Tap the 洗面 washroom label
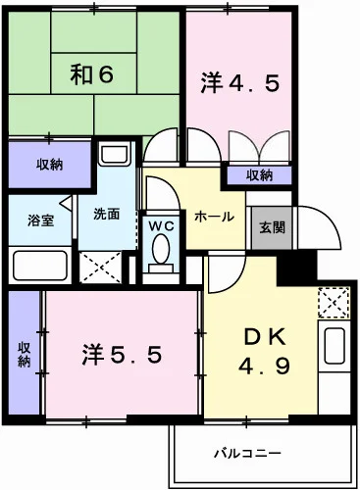[106, 215]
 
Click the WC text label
[160, 224]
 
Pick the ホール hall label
[213, 217]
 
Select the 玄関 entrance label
[272, 226]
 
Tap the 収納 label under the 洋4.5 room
[259, 175]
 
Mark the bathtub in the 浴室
[39, 265]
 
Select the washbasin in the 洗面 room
[114, 156]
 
